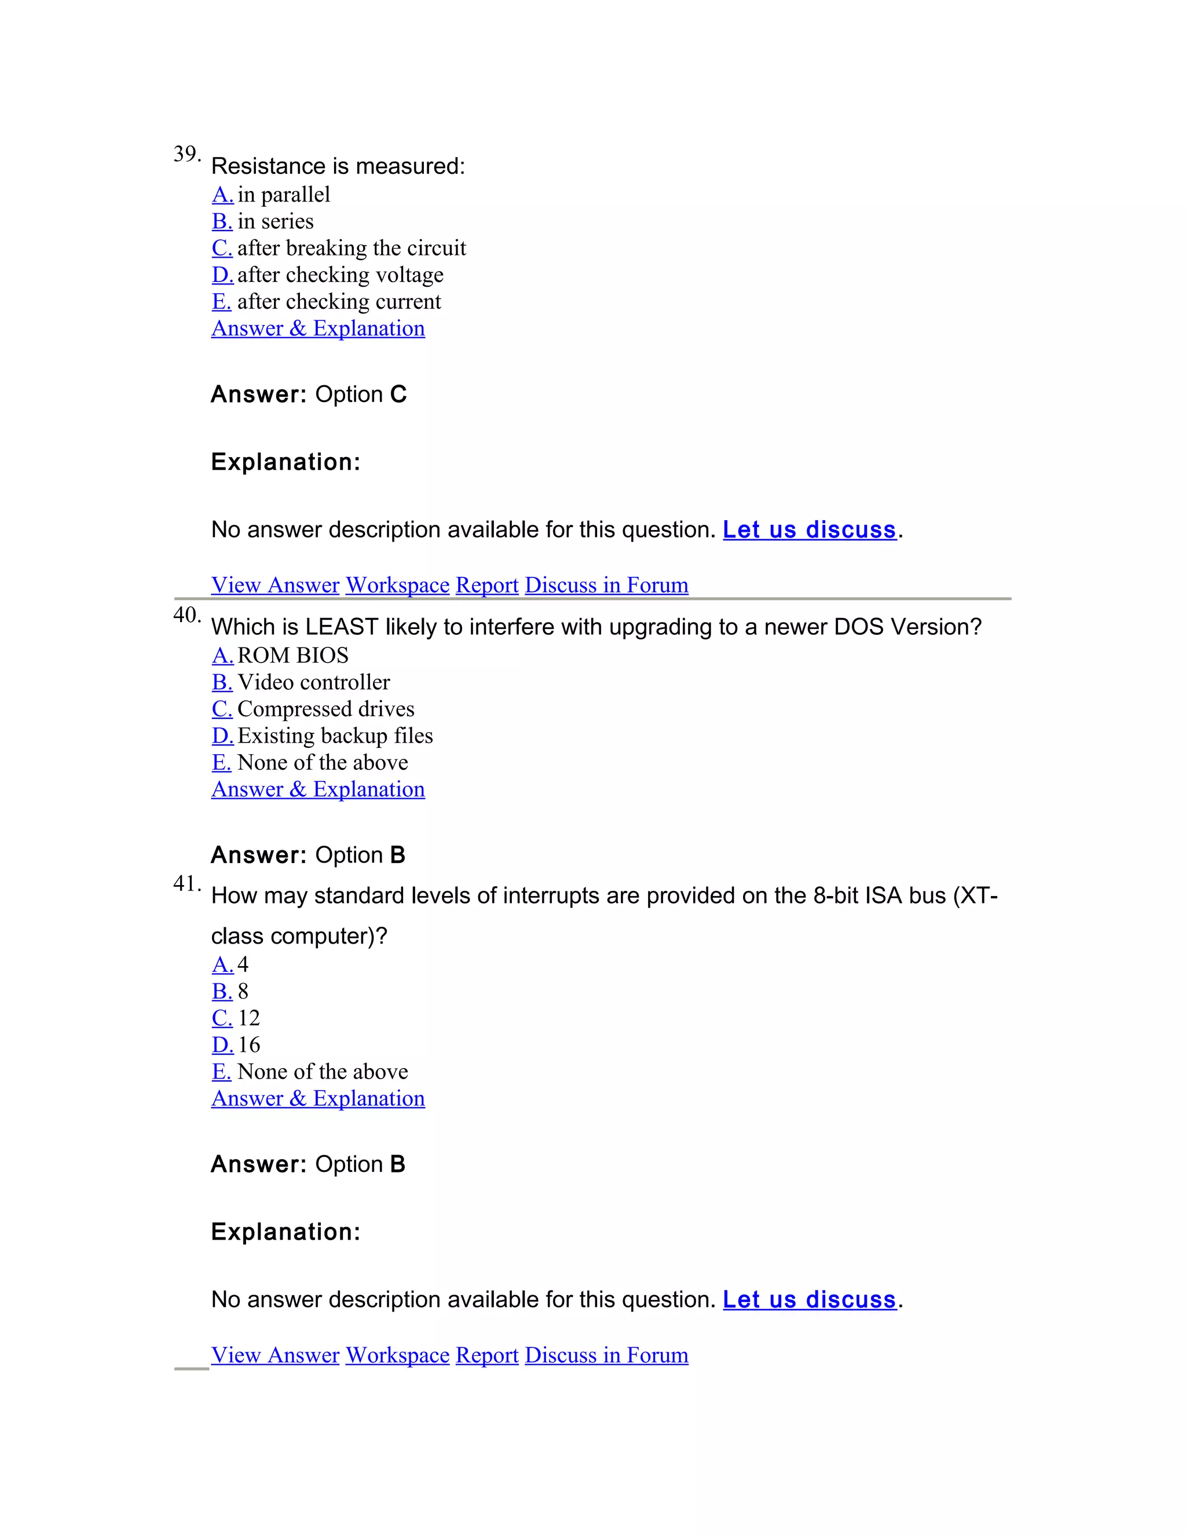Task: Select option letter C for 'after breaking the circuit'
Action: click(222, 248)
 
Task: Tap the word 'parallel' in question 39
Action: click(295, 195)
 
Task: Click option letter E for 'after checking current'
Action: click(221, 302)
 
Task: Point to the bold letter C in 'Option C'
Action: click(398, 394)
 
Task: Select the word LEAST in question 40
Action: click(342, 626)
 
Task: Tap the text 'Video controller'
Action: click(313, 682)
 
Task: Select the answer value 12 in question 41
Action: click(248, 1018)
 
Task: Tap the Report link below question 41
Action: click(487, 1355)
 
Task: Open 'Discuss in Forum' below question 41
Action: click(606, 1355)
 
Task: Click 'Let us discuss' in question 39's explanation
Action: click(810, 529)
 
